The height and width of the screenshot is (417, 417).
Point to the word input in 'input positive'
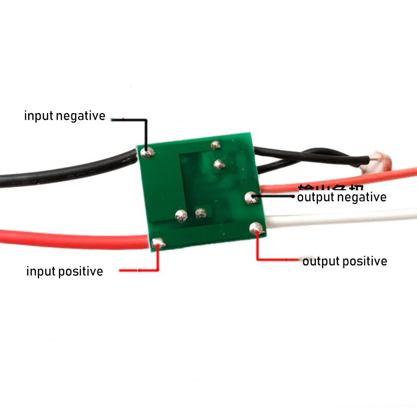(40, 271)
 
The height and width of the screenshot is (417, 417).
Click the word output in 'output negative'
(316, 197)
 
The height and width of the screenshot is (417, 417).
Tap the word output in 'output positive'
(322, 261)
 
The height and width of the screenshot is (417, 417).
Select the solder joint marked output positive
(255, 227)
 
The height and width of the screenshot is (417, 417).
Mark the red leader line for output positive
(257, 250)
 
